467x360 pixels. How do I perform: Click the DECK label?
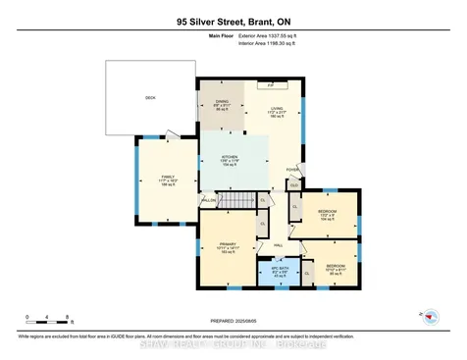tap(150, 98)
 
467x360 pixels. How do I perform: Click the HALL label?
tap(278, 244)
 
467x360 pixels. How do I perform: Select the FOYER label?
tap(292, 169)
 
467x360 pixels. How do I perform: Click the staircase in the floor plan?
tap(233, 200)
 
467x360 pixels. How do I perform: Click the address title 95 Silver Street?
tap(233, 20)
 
